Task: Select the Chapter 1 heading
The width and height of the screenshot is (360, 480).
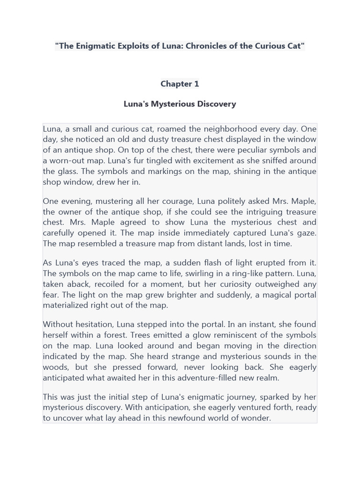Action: coord(180,84)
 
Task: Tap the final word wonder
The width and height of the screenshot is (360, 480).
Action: coord(257,418)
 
